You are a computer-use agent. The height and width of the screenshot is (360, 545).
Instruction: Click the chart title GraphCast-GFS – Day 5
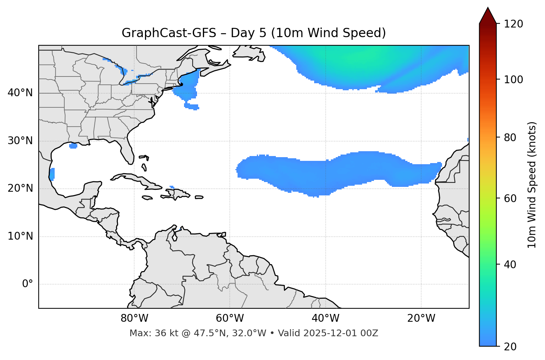tap(254, 33)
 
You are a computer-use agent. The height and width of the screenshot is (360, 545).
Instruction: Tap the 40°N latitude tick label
tap(20, 93)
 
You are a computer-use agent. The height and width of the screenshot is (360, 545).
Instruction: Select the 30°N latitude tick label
tap(20, 141)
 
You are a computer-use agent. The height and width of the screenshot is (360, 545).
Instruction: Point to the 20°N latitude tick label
tap(20, 188)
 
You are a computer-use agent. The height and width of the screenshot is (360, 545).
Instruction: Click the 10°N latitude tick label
tap(20, 236)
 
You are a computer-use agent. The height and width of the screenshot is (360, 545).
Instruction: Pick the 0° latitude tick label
tap(27, 284)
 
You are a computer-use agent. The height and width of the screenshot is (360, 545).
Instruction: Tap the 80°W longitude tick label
tap(134, 318)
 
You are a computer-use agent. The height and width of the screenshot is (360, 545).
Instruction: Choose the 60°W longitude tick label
tap(230, 318)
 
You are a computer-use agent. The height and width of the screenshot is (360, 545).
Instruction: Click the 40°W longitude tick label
tap(325, 318)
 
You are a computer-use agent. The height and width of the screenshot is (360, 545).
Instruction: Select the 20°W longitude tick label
tap(421, 318)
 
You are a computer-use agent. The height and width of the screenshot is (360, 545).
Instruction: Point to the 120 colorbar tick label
tap(513, 24)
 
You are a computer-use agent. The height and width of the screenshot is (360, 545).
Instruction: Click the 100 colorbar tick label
tap(513, 80)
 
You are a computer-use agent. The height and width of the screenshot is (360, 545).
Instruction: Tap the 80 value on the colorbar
tap(510, 137)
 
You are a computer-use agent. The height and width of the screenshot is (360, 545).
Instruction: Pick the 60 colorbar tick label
tap(510, 198)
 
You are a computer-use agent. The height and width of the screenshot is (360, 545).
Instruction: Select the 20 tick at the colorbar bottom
tap(510, 347)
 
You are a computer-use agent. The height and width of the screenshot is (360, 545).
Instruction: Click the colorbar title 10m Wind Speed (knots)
tap(532, 185)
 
